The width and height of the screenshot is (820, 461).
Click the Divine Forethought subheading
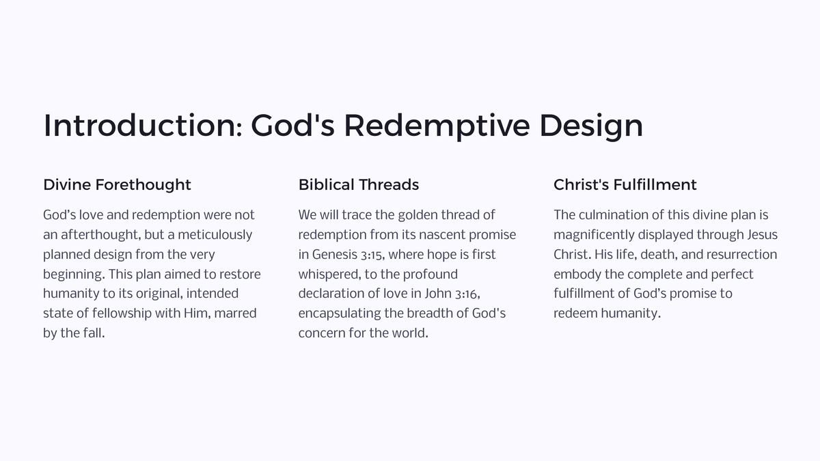tap(117, 184)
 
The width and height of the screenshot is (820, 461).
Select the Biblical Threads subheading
tap(358, 184)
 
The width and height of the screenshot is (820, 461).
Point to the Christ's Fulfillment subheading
tap(625, 184)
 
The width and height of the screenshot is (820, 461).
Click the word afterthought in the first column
tap(100, 235)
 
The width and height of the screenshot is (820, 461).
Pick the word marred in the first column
tap(235, 313)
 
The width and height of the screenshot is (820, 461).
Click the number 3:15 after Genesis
tap(372, 255)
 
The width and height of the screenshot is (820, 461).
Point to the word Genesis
tap(334, 255)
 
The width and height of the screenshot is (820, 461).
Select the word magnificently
tap(594, 235)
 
